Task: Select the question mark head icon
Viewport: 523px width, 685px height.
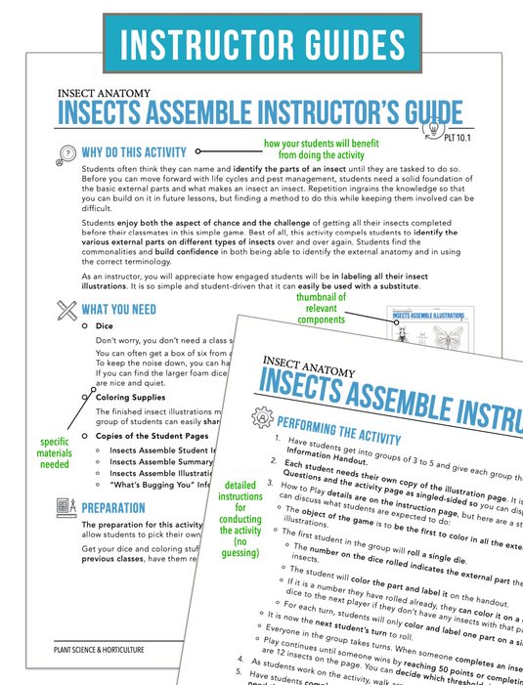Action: click(x=66, y=152)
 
